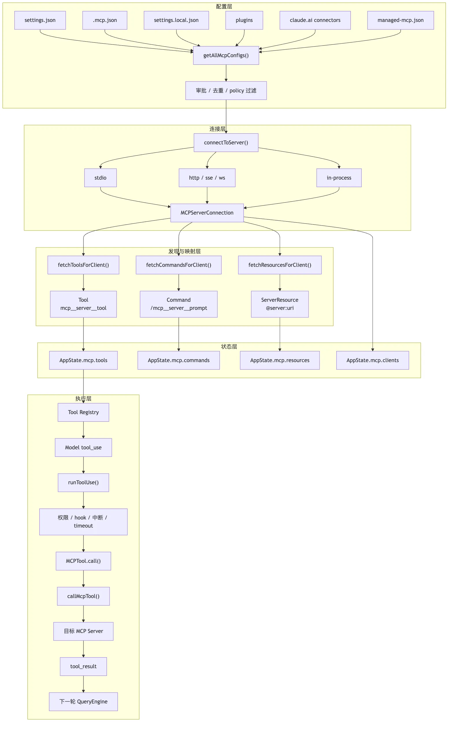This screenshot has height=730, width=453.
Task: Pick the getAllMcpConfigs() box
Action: (226, 55)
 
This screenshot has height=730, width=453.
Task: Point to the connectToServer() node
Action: (226, 143)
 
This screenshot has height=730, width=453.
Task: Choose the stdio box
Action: (100, 178)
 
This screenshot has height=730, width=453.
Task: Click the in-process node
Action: (339, 178)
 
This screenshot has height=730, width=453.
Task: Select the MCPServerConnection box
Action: (207, 213)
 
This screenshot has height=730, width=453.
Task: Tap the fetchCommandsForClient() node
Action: (179, 265)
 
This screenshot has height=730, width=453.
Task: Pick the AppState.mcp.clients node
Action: (372, 360)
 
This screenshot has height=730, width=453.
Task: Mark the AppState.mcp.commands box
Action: (179, 360)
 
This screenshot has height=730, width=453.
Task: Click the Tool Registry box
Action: (83, 412)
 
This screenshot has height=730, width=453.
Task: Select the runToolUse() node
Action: (83, 482)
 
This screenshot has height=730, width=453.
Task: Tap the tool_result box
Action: (83, 666)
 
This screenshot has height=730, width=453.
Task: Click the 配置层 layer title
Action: (224, 7)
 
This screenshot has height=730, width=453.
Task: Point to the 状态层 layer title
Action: (229, 347)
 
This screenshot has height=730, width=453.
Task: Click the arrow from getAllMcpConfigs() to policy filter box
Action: (226, 73)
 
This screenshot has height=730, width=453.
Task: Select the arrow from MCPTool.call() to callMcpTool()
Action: (83, 578)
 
